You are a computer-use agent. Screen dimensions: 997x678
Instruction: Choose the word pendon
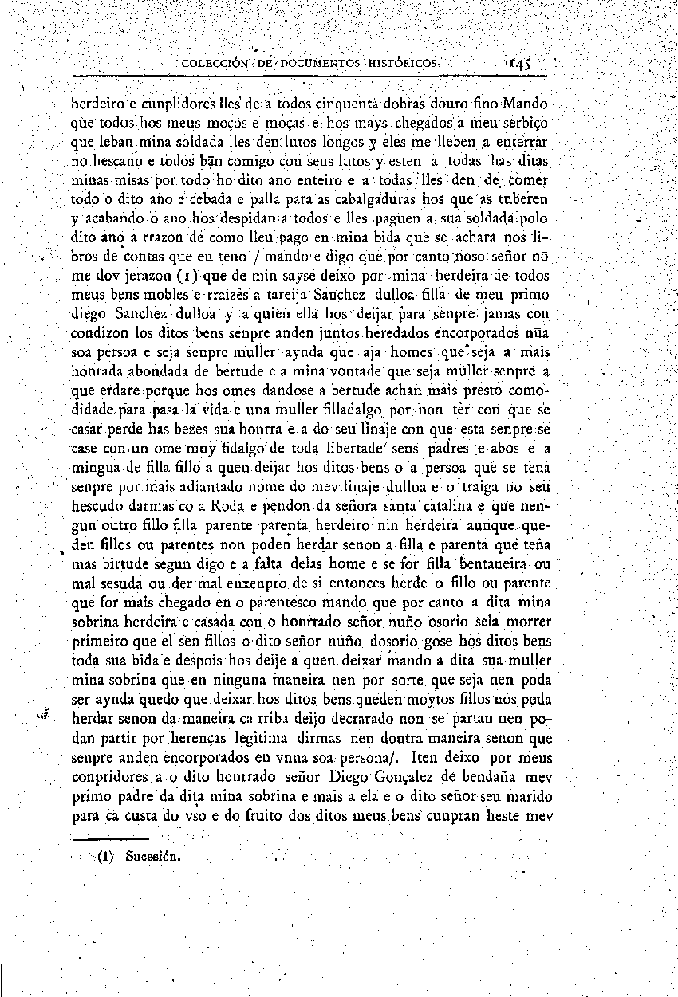click(x=250, y=506)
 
